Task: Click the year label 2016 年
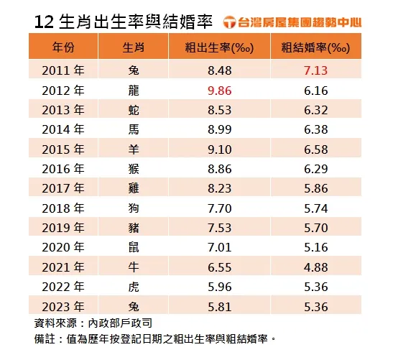click(63, 170)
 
